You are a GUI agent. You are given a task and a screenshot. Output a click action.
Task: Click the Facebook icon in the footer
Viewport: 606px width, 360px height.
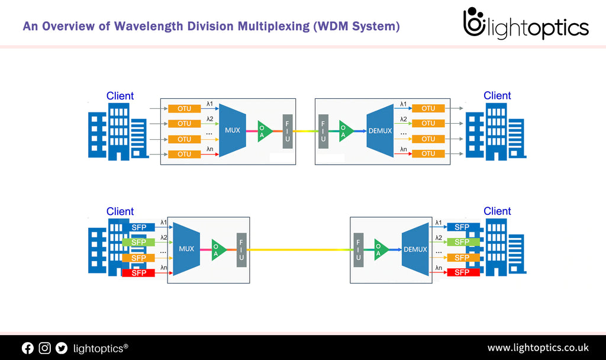(28, 348)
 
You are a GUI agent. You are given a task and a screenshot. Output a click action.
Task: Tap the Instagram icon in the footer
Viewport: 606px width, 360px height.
(44, 348)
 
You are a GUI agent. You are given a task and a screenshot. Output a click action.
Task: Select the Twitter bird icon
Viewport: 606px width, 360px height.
(62, 348)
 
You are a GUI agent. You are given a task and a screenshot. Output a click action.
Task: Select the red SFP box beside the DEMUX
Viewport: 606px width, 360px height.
(463, 272)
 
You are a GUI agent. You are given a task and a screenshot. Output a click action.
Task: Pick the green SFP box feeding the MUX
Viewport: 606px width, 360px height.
(138, 242)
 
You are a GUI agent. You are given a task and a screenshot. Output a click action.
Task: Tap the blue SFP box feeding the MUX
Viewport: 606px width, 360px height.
(138, 227)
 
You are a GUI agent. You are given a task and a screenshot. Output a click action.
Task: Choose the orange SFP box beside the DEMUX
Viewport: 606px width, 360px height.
(463, 258)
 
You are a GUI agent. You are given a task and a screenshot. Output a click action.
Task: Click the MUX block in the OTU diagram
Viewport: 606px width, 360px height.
(233, 130)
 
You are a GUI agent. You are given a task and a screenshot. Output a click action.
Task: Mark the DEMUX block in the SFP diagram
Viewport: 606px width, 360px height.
(415, 249)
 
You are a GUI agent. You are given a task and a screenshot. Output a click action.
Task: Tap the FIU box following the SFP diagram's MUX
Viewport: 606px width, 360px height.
(241, 250)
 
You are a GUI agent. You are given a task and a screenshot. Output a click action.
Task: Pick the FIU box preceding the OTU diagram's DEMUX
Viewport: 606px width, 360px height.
(323, 130)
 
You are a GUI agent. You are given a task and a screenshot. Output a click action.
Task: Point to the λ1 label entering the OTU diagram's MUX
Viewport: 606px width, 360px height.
(209, 104)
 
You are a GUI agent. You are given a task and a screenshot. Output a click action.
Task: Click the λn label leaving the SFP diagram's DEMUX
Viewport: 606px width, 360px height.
(438, 268)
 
